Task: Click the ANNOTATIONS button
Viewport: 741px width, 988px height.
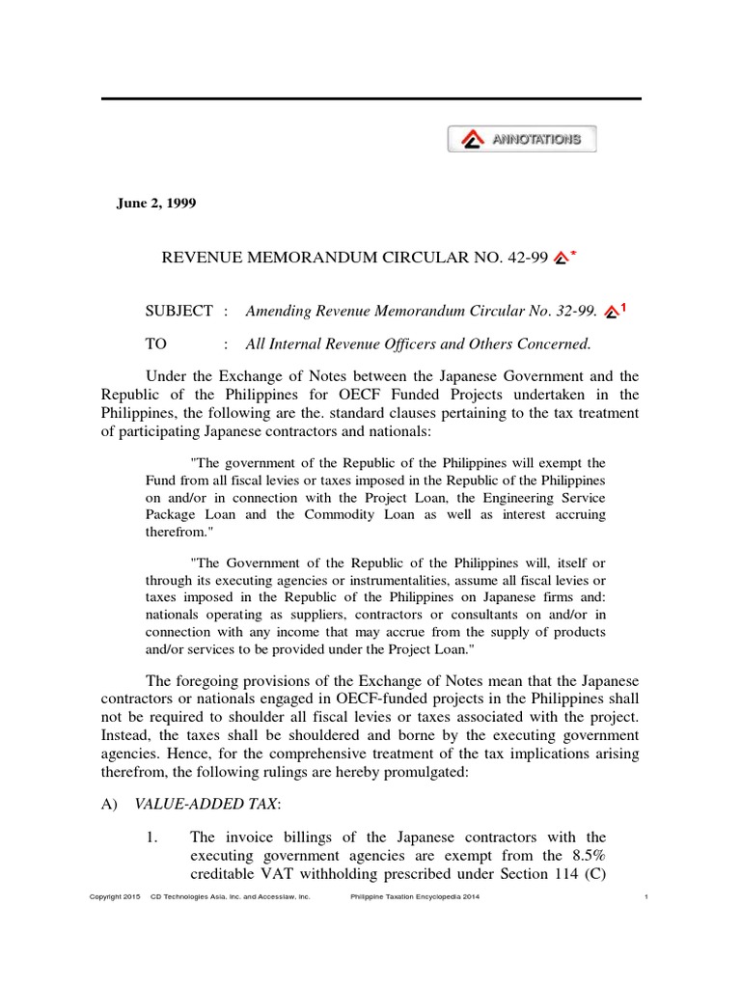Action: coord(522,139)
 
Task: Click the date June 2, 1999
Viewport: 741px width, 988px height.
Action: coord(154,202)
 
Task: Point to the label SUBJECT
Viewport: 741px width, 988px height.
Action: coord(178,311)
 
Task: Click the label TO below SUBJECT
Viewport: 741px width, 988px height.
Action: coord(155,343)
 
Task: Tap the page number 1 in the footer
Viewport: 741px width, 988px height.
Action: coord(644,897)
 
